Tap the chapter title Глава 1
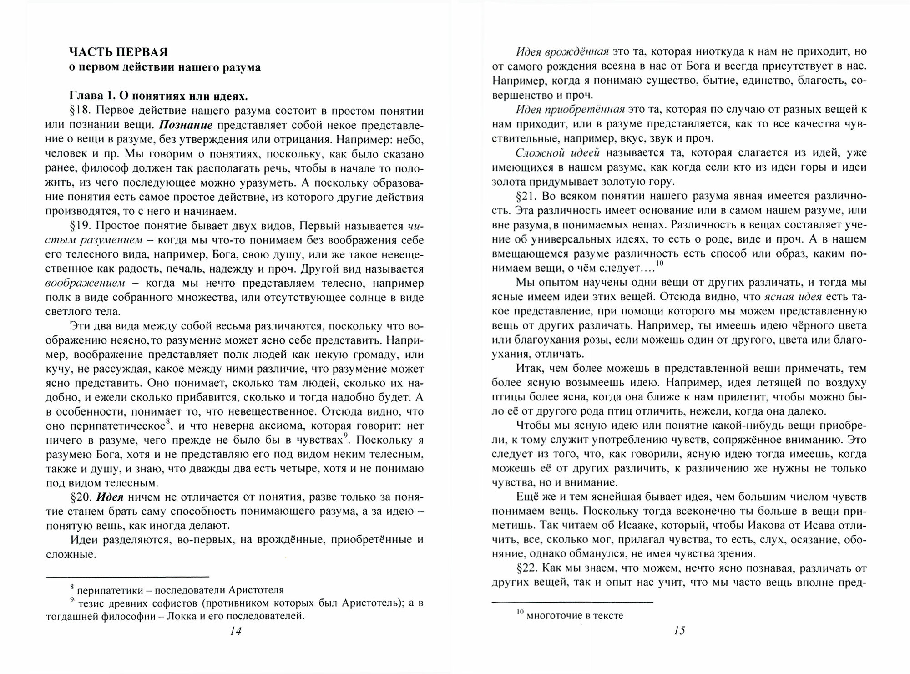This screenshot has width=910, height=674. click(95, 96)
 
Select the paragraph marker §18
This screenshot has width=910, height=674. click(80, 111)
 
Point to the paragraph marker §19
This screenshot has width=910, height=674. click(80, 226)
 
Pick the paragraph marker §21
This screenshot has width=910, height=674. click(526, 196)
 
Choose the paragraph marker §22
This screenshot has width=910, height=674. click(526, 568)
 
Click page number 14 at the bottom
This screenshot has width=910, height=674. click(236, 631)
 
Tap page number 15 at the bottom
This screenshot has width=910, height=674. click(679, 631)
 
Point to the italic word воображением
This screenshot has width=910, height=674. click(86, 283)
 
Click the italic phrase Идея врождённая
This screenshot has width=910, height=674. click(562, 51)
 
